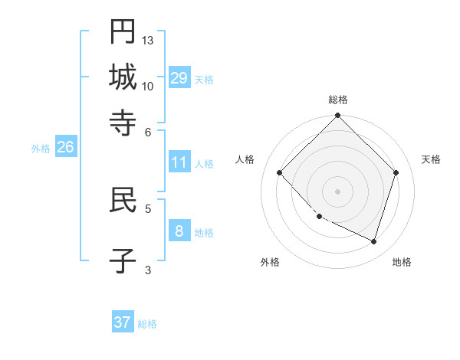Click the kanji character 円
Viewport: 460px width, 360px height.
coord(123,32)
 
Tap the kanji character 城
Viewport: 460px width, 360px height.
coord(123,77)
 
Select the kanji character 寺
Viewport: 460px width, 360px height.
coord(123,122)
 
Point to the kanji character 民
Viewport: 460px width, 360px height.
coord(123,201)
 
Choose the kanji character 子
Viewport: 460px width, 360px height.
coord(123,260)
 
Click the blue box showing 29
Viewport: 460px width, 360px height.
coord(179,78)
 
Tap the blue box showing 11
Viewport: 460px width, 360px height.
coord(179,162)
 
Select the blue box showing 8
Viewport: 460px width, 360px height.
coord(179,231)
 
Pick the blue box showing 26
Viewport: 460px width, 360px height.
coord(65,147)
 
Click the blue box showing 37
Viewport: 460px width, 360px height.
coord(122,322)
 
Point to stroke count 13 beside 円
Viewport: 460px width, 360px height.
coord(148,40)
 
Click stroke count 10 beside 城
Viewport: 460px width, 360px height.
coord(148,85)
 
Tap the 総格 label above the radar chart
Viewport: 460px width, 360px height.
coord(338,100)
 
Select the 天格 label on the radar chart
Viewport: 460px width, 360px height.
coord(431,159)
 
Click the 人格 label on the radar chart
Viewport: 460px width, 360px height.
coord(245,159)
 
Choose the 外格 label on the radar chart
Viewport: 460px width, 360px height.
coord(270,262)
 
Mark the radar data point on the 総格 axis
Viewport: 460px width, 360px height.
coord(338,116)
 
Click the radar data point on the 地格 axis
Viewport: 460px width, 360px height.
coord(374,241)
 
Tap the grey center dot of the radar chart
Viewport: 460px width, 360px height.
coord(338,191)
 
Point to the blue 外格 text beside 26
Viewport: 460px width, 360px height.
coord(40,149)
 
